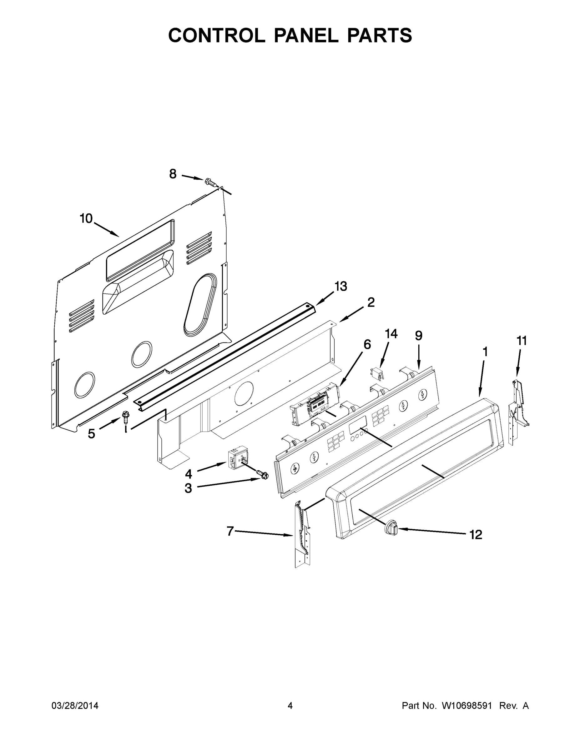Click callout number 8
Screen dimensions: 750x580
tap(173, 174)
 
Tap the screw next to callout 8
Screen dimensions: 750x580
tap(211, 182)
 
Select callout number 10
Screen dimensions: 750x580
tap(86, 218)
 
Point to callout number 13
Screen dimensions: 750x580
tap(341, 286)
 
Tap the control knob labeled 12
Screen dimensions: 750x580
tap(391, 527)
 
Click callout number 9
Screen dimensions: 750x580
tap(419, 336)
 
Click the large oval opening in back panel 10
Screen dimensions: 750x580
tap(200, 305)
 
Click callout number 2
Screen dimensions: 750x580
tap(371, 302)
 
